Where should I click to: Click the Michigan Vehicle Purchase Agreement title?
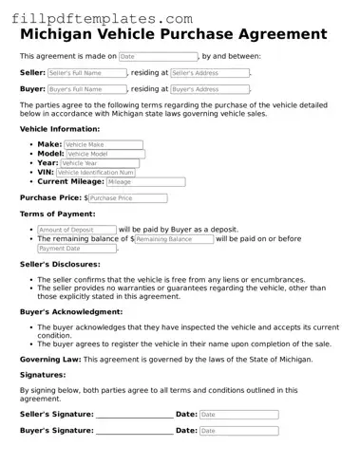[173, 34]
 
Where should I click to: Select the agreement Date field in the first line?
[158, 57]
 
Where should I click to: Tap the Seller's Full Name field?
[86, 73]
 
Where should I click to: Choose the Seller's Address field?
[209, 73]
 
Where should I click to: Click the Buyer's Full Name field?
[86, 89]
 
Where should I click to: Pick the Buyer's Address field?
[209, 89]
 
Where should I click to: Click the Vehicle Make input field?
[104, 145]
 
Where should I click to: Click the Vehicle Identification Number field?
[95, 172]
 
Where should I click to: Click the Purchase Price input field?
[127, 198]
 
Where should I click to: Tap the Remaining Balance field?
[174, 239]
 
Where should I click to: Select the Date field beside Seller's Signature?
[238, 415]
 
